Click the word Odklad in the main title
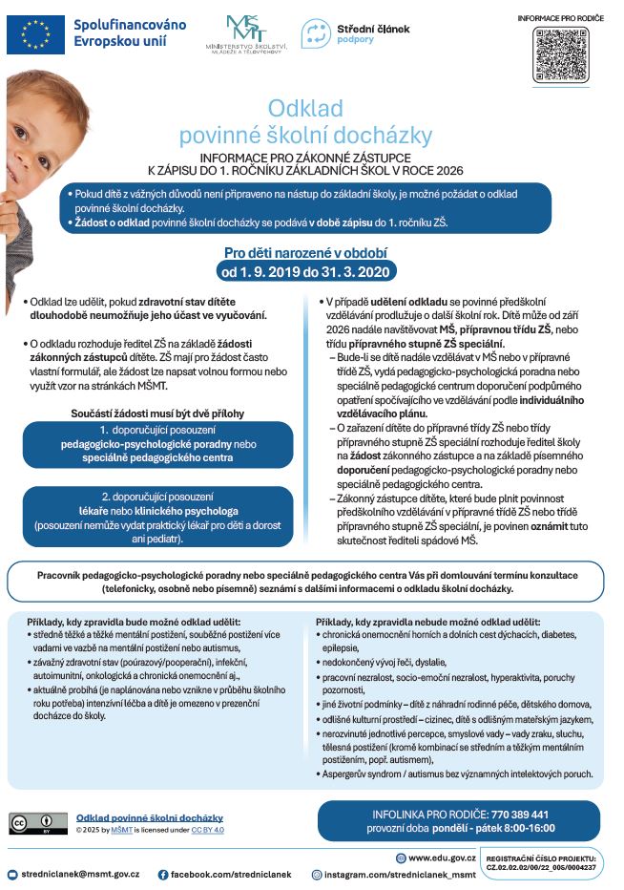(x=304, y=108)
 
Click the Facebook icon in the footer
(x=163, y=874)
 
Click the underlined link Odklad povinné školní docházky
(x=150, y=817)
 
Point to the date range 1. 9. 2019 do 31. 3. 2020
(x=304, y=270)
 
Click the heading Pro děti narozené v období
(x=304, y=253)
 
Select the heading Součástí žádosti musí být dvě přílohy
(x=157, y=413)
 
